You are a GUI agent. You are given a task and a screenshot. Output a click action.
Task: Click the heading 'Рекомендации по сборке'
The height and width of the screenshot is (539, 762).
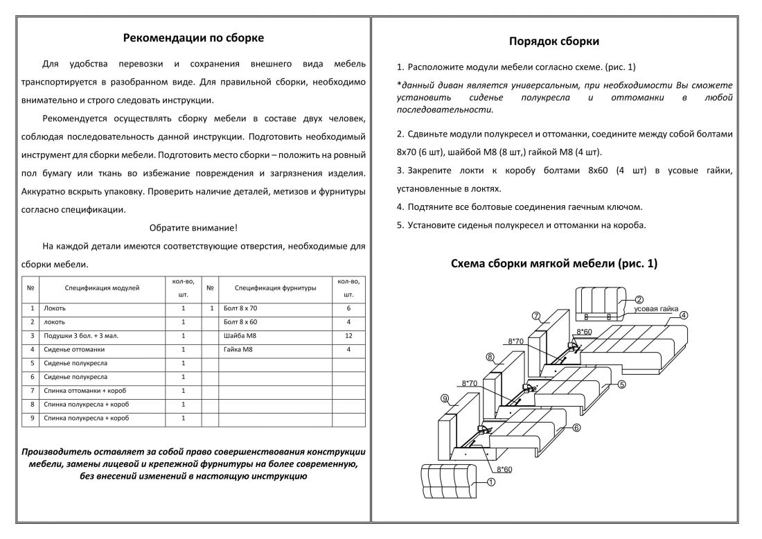click(x=193, y=37)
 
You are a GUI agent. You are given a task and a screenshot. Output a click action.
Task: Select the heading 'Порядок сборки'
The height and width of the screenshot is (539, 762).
click(x=554, y=42)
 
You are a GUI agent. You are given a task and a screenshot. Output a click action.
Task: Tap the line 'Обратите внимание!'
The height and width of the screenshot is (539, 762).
click(x=193, y=227)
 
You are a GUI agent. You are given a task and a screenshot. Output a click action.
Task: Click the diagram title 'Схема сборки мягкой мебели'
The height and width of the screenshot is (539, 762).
click(x=553, y=264)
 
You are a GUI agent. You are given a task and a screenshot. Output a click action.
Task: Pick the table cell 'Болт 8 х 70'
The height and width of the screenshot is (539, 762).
click(x=240, y=308)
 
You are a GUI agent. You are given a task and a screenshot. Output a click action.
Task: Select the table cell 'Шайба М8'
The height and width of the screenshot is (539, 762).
click(x=238, y=336)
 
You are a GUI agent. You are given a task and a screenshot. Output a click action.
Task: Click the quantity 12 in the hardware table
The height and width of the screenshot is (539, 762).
click(x=348, y=336)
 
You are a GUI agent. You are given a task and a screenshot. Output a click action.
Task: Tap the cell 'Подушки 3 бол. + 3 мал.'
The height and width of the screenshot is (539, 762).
click(x=80, y=336)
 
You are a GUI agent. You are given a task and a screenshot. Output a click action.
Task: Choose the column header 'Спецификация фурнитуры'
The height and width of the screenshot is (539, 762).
click(x=275, y=288)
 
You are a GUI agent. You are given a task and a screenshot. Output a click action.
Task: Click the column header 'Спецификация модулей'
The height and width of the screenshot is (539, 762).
click(x=102, y=288)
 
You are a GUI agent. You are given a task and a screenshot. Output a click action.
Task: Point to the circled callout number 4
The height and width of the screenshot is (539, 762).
click(x=683, y=315)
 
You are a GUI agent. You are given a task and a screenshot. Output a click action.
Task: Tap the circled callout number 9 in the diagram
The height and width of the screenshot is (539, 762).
click(x=446, y=398)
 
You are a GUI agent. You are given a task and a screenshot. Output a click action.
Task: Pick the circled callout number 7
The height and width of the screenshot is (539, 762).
click(x=536, y=316)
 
